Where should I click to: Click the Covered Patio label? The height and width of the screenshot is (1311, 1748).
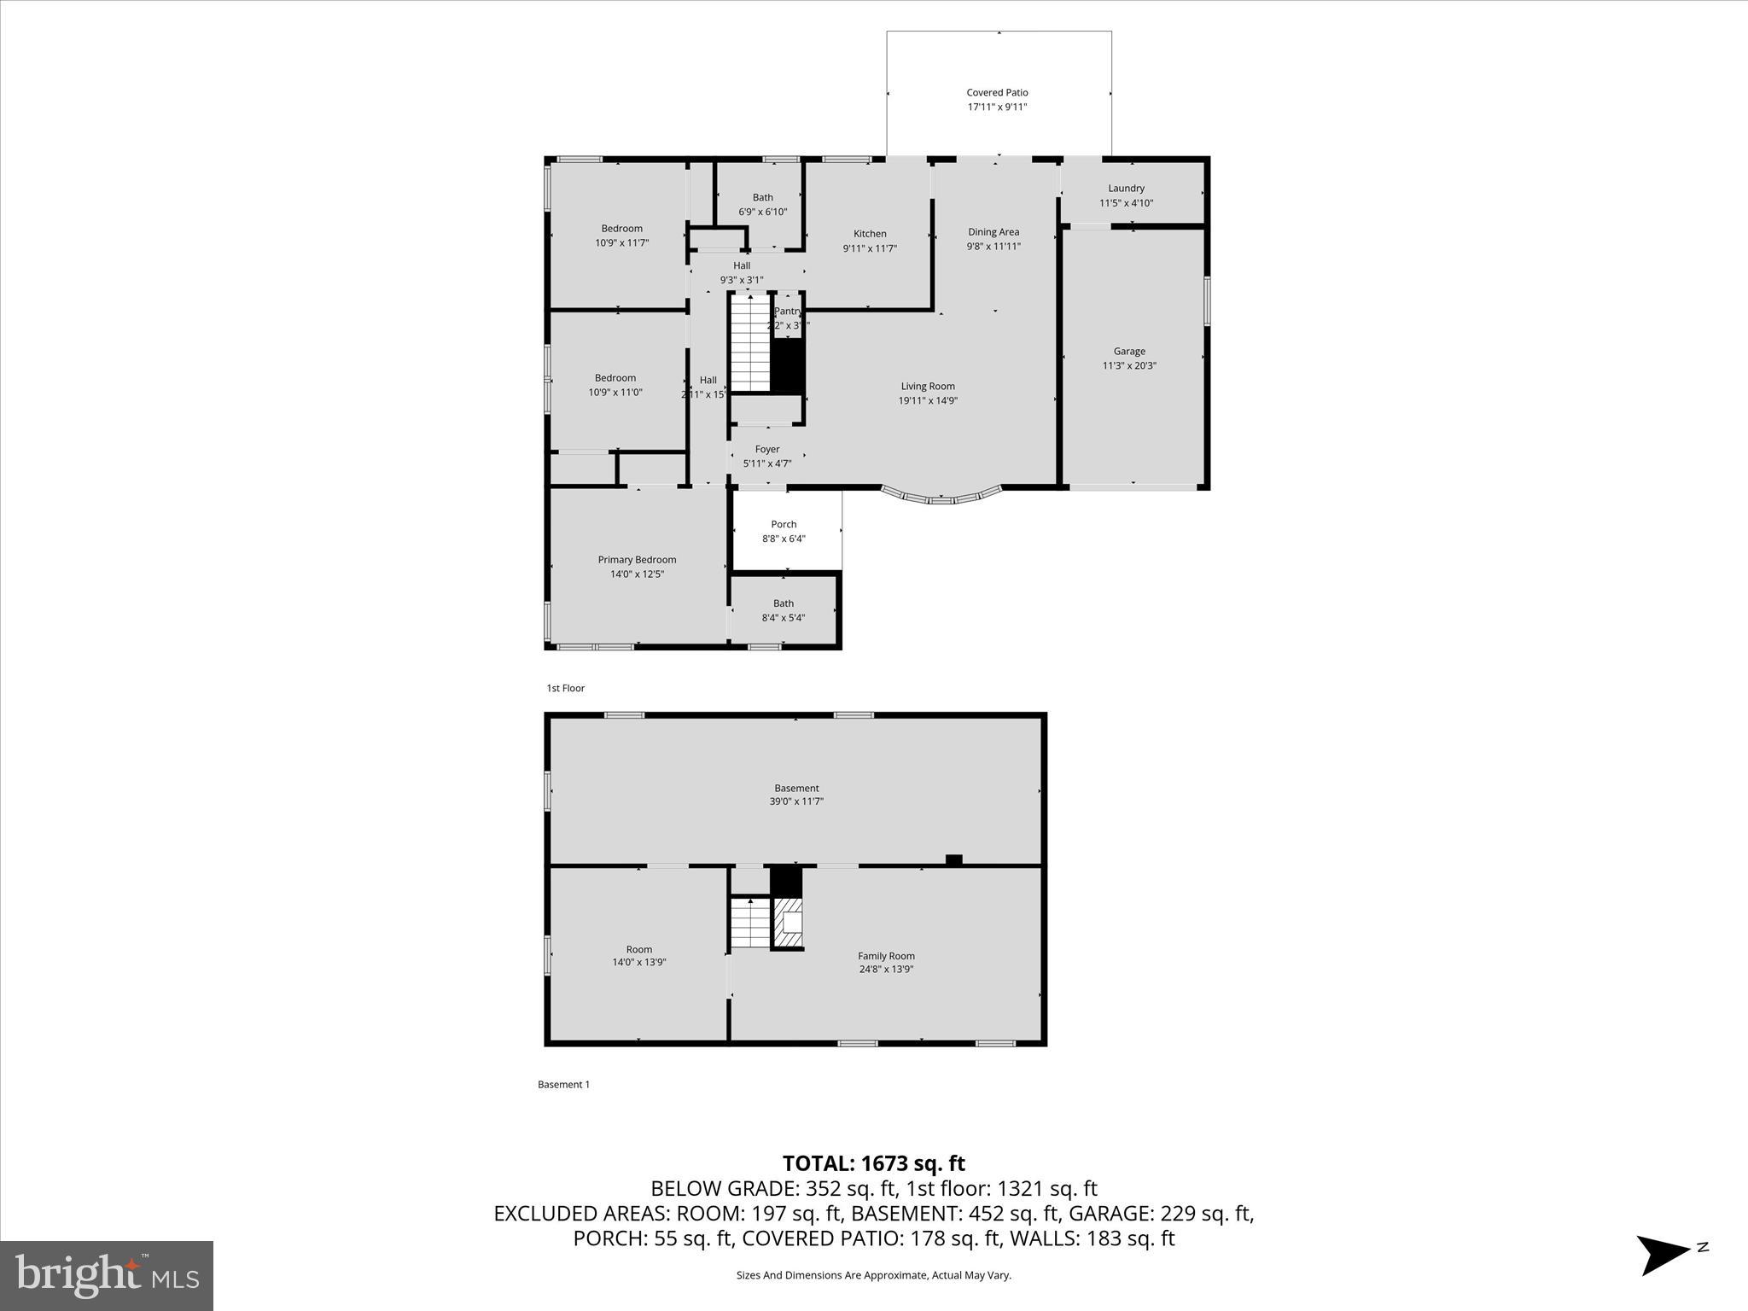click(997, 92)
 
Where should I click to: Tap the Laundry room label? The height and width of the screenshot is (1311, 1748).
click(1126, 189)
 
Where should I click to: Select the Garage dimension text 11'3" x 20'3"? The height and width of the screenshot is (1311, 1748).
click(1129, 366)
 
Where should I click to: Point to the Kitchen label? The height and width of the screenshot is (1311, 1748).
click(870, 234)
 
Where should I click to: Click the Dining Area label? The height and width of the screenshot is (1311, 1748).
click(993, 232)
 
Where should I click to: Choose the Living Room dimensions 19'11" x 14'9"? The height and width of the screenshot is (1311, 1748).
click(928, 400)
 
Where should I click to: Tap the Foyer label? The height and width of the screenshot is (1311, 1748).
click(766, 449)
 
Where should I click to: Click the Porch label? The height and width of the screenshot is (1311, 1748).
click(784, 525)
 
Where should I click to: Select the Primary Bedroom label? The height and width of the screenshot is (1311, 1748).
click(637, 560)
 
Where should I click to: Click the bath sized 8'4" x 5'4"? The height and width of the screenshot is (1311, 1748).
click(783, 610)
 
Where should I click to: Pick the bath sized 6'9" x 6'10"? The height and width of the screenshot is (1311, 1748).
click(762, 204)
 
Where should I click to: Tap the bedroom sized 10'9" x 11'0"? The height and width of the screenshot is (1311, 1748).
click(615, 385)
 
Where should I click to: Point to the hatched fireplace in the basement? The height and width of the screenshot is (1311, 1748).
click(789, 923)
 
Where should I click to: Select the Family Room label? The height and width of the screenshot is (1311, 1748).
click(886, 956)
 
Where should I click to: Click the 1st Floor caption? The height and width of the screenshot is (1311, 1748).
click(566, 688)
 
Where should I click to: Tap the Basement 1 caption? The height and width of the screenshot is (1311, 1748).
click(563, 1085)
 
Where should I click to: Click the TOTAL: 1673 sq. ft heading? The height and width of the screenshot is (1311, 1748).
click(873, 1163)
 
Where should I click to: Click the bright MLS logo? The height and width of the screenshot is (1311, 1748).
click(107, 1275)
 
